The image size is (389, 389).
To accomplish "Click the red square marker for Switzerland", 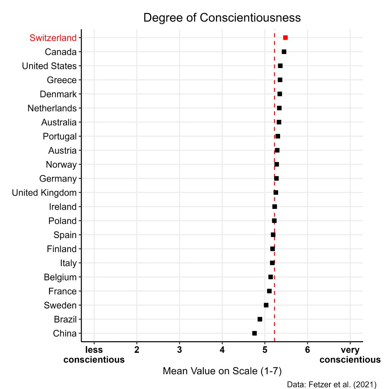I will coord(285,38).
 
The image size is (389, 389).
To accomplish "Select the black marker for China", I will coord(254,333).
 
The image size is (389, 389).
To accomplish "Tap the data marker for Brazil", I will coord(260,319).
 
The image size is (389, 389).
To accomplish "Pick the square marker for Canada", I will coord(284,52).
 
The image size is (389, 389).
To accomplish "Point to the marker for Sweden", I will coord(266,305).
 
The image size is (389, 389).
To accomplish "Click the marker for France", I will coord(269,291).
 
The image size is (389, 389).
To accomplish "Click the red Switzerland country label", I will coord(53,38).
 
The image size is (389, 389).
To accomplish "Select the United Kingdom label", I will coord(44,193).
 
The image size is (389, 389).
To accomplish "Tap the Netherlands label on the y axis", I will coord(52,108).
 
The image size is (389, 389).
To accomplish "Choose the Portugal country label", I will coord(60,136).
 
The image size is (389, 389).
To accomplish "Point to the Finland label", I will coord(61,249).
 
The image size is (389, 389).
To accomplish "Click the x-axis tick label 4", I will coord(222,350).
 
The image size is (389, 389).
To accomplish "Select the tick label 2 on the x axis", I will coord(137,350).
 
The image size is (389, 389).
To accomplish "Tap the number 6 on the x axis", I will coord(307,350).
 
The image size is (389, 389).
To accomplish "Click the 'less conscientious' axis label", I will coord(94,354).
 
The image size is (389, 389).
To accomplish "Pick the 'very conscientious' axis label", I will coord(350,354).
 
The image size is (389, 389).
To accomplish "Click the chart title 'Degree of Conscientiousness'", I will coord(222,18).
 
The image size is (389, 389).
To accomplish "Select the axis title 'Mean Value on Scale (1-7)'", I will coord(222,371).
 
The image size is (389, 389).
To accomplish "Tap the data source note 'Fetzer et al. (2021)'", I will coord(331,384).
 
